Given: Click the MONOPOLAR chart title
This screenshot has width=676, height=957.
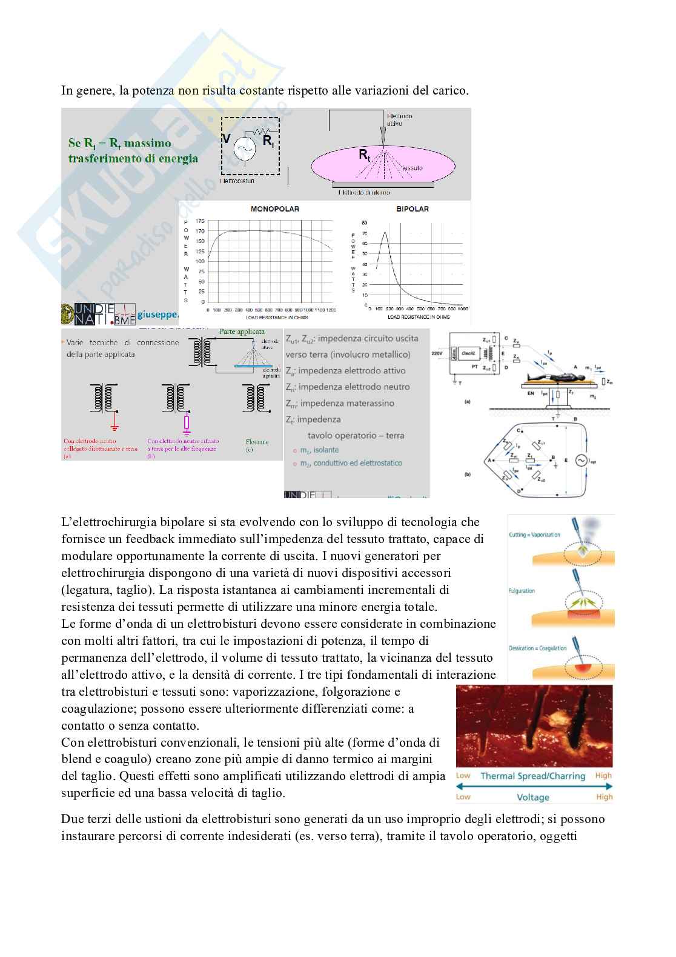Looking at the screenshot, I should tap(274, 209).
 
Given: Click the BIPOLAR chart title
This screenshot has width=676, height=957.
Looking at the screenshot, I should tap(412, 209).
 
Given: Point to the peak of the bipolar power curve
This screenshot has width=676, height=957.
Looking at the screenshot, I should tap(383, 232).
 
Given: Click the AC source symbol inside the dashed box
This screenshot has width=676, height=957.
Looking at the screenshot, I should tap(244, 149).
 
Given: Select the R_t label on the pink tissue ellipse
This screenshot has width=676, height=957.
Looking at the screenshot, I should tap(365, 155).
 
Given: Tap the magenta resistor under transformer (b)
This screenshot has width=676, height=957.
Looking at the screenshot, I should tap(187, 422).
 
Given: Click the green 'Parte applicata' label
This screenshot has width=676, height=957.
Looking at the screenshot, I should tap(242, 332).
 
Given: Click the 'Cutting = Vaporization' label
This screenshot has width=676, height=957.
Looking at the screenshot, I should tap(534, 535).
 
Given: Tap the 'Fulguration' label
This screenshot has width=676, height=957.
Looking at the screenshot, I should tap(522, 590).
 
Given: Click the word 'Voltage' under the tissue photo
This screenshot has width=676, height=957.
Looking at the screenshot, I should tap(533, 798).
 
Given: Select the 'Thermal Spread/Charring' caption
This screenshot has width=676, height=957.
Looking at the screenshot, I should tap(533, 776).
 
